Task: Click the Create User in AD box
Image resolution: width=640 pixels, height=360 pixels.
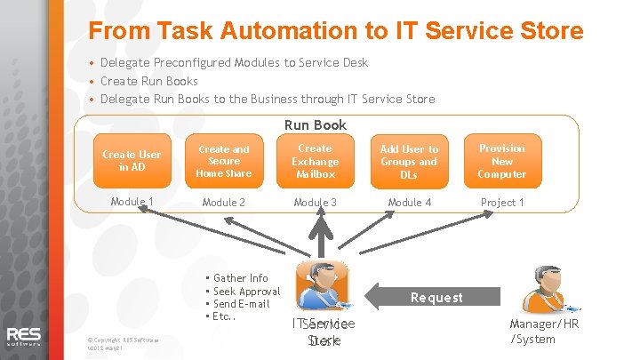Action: (x=132, y=161)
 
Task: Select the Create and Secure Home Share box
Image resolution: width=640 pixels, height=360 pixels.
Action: (x=224, y=161)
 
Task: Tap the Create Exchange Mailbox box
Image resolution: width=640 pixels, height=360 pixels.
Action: (x=315, y=161)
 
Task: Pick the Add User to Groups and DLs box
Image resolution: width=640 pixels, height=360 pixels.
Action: (x=409, y=162)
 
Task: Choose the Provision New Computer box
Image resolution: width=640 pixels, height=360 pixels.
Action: (x=502, y=161)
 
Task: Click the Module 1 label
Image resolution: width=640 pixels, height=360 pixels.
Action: (x=132, y=202)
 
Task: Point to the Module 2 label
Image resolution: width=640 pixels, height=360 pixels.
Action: (x=224, y=203)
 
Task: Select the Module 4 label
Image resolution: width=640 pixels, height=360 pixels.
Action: (x=409, y=203)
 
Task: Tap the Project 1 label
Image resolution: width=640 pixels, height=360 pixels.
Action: (x=502, y=203)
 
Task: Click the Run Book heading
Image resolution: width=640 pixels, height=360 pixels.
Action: (x=316, y=125)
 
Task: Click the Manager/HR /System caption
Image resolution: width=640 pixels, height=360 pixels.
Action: (x=544, y=332)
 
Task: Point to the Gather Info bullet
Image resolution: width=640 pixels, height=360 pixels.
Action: (x=240, y=278)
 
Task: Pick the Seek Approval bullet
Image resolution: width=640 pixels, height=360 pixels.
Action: (x=246, y=292)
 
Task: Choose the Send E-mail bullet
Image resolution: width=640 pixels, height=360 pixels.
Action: (x=241, y=304)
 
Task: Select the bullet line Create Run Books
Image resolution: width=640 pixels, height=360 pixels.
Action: (x=148, y=81)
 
